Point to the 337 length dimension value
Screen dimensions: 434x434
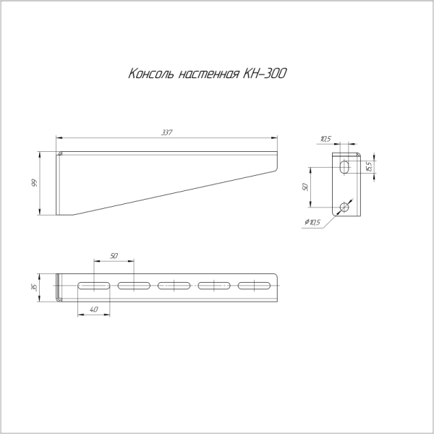[167, 132]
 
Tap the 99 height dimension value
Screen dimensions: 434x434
[33, 182]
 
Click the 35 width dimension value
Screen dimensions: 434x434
[33, 287]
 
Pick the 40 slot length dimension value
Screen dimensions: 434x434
[93, 310]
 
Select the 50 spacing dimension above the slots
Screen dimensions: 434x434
[114, 256]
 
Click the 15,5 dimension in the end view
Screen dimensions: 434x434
[369, 166]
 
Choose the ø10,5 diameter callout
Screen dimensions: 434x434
[313, 222]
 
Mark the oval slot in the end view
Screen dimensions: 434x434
[345, 167]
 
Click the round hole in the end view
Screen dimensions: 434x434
[345, 208]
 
